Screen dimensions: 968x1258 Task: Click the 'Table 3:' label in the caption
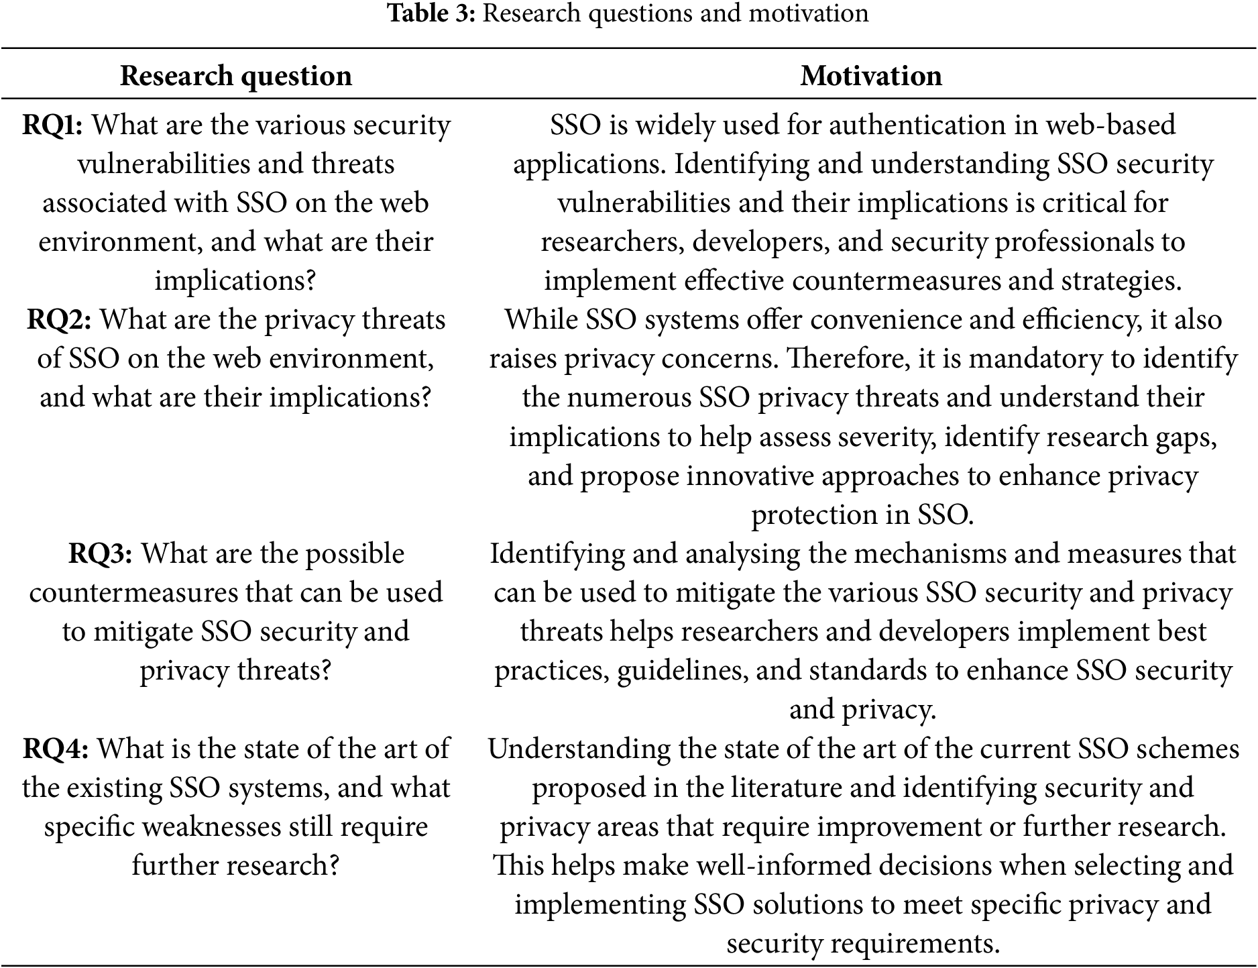[432, 13]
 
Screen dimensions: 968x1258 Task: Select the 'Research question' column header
[236, 76]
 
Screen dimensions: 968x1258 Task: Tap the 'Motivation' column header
[871, 76]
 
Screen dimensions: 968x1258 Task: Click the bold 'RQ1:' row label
[52, 125]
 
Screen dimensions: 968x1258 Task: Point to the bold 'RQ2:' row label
[59, 320]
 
